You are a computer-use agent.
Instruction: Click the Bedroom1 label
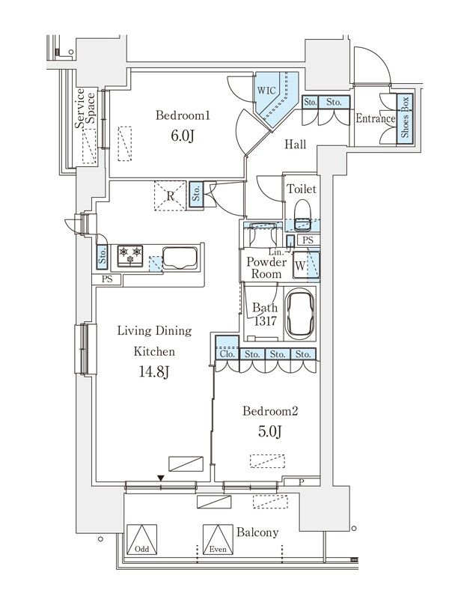point(183,115)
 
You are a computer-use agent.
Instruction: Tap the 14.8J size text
point(154,371)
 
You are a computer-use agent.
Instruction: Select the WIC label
point(266,91)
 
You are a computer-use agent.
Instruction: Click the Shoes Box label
point(405,117)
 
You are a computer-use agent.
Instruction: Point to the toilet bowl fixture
point(303,215)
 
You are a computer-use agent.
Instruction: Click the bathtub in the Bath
point(300,314)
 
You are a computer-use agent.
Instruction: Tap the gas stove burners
point(129,255)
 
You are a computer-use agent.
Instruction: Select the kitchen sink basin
point(180,258)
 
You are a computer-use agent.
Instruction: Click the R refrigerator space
point(170,196)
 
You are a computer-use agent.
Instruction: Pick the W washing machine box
point(301,265)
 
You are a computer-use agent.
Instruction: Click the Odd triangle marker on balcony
point(141,539)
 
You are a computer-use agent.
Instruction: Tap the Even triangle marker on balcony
point(218,539)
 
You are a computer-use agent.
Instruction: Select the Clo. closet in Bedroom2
point(227,347)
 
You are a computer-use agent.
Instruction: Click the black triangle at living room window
point(161,478)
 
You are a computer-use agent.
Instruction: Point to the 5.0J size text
point(269,432)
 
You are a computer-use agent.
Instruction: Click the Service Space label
point(85,109)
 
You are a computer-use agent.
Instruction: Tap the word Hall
point(295,145)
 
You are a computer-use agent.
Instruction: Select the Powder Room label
point(266,268)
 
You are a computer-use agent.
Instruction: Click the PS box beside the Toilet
point(308,240)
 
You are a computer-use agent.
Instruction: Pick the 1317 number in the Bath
point(266,321)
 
